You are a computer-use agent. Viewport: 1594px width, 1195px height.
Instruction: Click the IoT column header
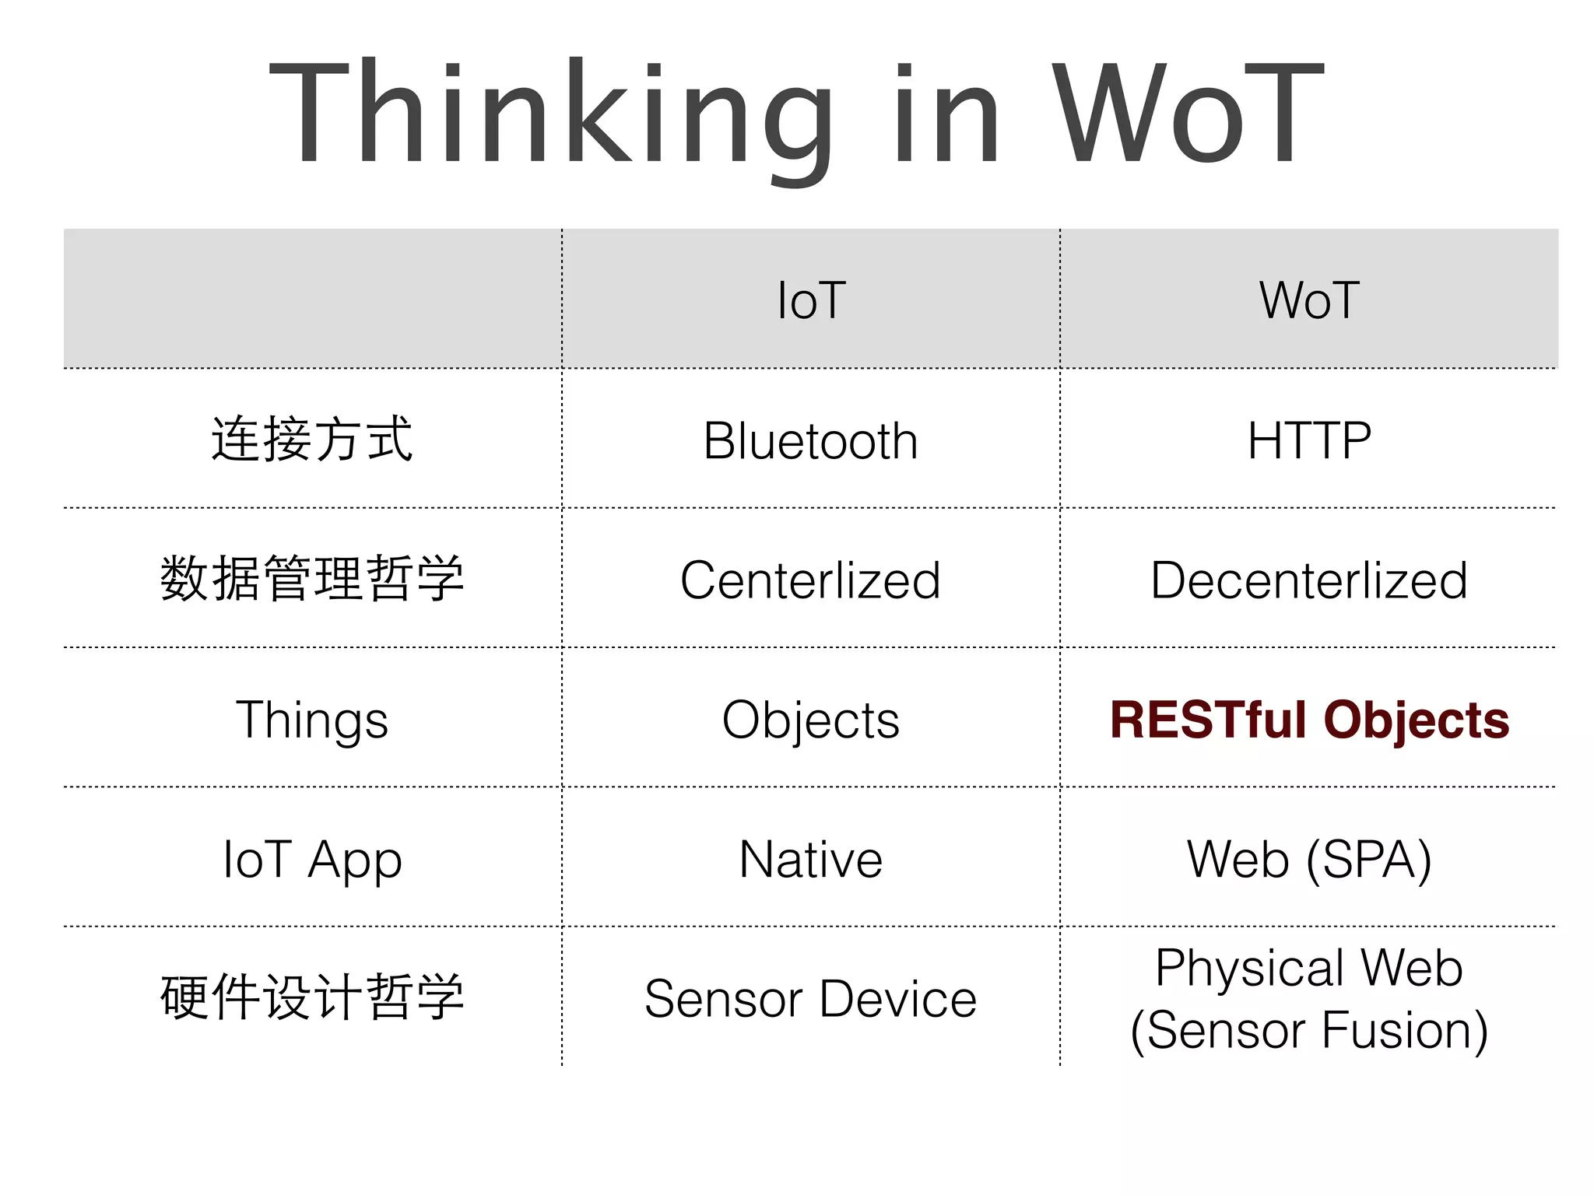811,300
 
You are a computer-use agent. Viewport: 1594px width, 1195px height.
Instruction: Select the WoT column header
1309,300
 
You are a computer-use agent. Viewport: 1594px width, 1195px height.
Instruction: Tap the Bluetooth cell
811,441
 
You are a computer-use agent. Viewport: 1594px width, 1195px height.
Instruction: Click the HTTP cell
1309,441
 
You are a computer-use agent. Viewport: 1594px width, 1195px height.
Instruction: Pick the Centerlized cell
811,580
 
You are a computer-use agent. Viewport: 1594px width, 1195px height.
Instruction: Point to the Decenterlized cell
1309,580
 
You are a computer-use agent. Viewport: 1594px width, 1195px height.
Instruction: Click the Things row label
312,720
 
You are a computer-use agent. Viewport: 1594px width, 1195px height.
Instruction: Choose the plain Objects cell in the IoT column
811,720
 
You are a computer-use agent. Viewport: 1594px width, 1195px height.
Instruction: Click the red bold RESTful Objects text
1309,720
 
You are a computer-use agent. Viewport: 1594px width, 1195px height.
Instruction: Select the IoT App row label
312,860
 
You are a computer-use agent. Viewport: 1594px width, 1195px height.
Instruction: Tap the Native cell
811,860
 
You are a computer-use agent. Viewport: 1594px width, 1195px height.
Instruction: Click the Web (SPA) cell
1309,860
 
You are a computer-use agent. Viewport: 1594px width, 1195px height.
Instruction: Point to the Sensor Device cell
811,999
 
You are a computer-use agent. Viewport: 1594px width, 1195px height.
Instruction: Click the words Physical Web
1309,968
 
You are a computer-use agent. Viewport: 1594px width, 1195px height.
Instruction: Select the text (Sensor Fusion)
1309,1030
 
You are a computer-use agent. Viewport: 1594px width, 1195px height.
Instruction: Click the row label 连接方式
312,440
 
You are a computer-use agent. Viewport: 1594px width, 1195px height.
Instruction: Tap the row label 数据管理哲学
312,580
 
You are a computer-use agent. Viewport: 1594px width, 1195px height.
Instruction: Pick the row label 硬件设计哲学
312,998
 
